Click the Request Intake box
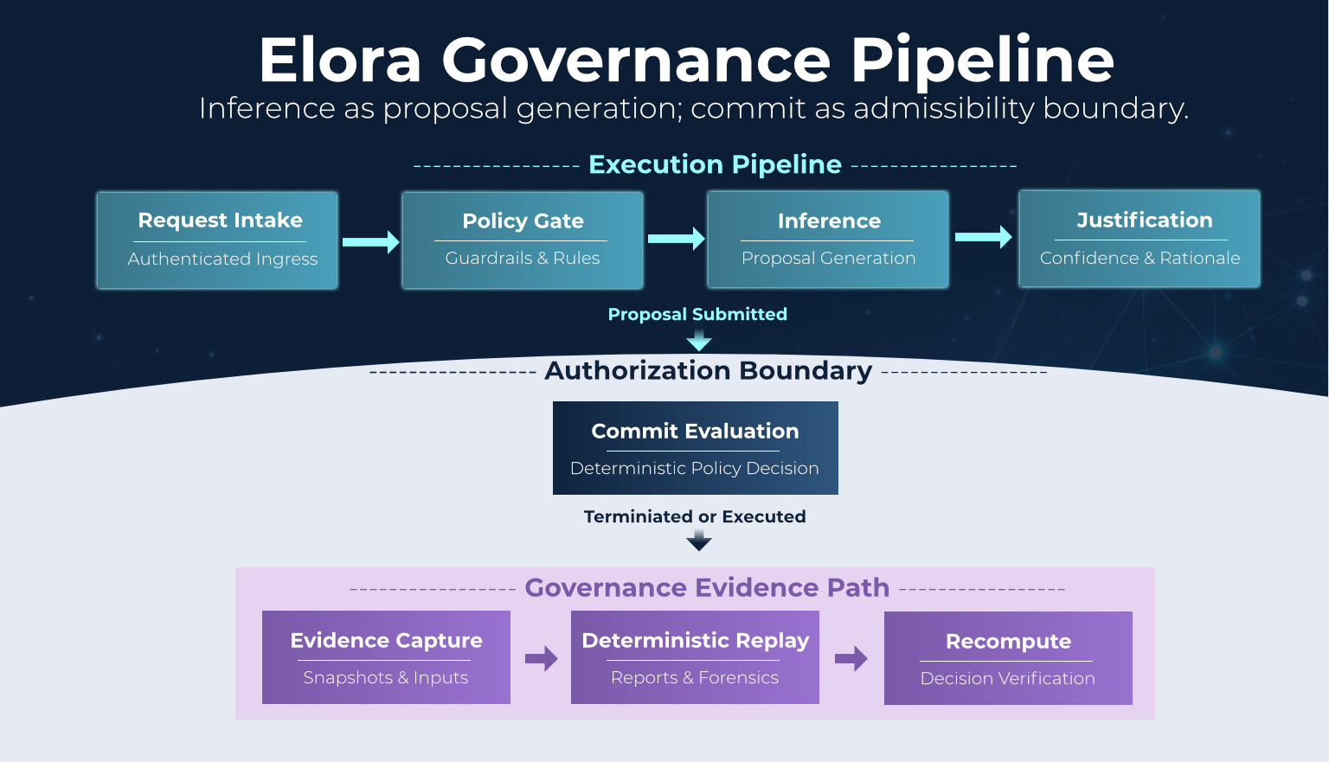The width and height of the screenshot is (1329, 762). pos(217,240)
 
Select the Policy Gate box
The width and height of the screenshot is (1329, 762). pos(523,240)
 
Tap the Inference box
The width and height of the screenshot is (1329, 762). pos(828,240)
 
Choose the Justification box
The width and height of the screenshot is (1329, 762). pos(1140,239)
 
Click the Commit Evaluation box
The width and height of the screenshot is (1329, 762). pos(696,448)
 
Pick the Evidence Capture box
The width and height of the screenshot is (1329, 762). pos(386,657)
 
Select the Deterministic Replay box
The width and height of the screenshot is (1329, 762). pos(695,657)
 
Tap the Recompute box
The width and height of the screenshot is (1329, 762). pos(1008,658)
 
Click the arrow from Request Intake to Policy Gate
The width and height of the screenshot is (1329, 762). pos(370,241)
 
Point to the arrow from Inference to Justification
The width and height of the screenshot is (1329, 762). pos(983,236)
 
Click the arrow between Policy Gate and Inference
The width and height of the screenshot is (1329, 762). pos(676,239)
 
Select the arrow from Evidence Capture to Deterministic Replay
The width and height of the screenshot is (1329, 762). pos(542,659)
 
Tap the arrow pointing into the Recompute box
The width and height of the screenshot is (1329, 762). pos(851,659)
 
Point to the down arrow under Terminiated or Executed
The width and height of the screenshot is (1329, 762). pos(699,541)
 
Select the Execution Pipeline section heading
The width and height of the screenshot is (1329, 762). pos(715,164)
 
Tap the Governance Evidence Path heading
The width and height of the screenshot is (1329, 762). pos(707,588)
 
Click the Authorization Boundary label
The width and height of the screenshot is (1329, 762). pos(708,371)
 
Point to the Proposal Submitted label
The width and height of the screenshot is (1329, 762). pos(697,314)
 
